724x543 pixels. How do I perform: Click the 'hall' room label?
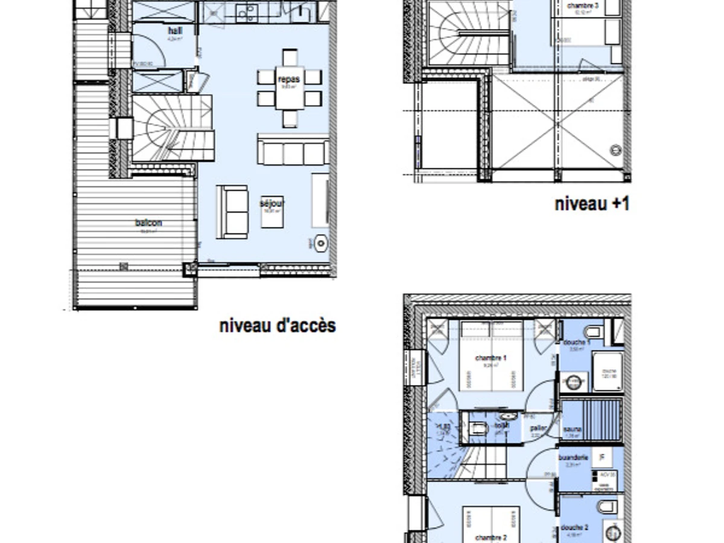[x=176, y=31]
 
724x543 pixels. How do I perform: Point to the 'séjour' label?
[x=272, y=203]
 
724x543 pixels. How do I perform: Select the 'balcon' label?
[x=148, y=223]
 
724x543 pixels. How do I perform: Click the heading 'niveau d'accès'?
[x=278, y=326]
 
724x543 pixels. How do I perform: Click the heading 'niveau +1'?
[x=592, y=204]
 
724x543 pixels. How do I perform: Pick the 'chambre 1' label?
[x=491, y=358]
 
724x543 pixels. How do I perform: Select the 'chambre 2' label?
[x=491, y=538]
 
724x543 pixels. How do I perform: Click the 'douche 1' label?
[x=577, y=343]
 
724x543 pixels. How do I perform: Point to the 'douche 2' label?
[x=574, y=527]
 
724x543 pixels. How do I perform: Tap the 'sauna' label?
[x=573, y=429]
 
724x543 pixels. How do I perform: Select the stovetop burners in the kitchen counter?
[x=247, y=11]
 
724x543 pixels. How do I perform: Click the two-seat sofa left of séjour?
[x=233, y=212]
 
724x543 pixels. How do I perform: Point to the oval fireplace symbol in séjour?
[x=320, y=244]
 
